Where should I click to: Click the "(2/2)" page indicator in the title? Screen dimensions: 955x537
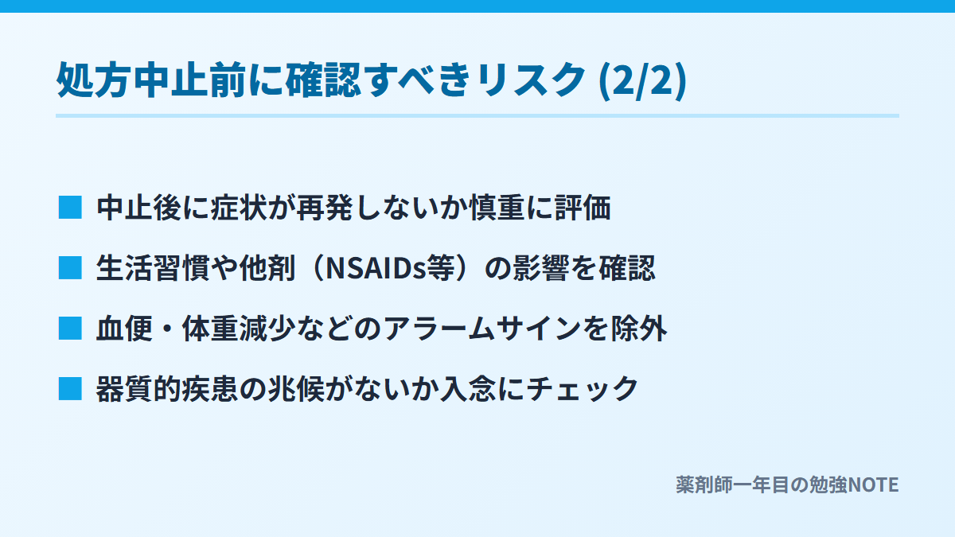642,80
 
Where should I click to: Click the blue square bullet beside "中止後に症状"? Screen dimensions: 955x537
70,208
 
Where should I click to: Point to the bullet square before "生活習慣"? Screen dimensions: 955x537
70,268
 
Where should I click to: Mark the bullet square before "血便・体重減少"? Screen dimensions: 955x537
70,329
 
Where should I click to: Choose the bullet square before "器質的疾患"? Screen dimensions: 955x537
70,389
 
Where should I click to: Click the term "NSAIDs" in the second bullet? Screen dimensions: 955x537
376,269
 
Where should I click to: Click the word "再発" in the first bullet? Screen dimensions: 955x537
325,208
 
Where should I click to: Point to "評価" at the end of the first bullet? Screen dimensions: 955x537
583,208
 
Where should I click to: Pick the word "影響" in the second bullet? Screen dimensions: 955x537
540,269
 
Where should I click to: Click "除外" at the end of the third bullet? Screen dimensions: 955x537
639,329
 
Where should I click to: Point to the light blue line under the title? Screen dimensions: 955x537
477,115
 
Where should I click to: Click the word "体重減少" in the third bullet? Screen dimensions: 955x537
240,329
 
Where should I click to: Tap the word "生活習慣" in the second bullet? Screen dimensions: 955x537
153,269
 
